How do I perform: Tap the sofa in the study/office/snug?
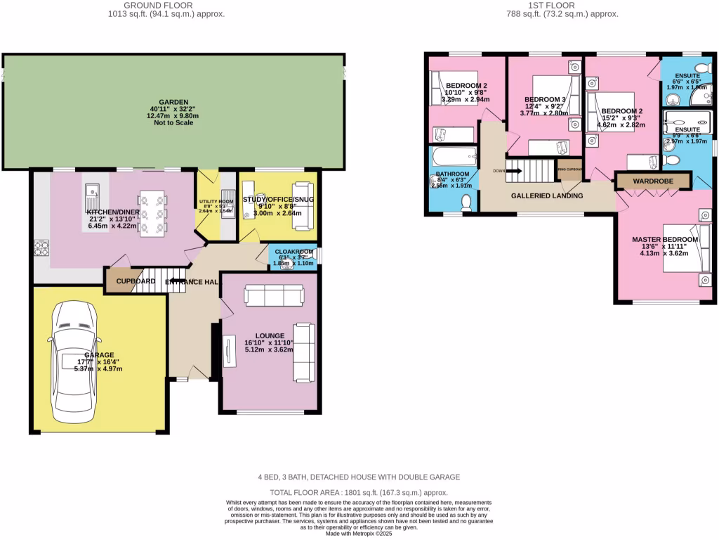click(x=303, y=205)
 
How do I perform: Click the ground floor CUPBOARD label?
click(x=136, y=281)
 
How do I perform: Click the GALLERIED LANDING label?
click(x=546, y=195)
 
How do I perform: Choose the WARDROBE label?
click(x=652, y=181)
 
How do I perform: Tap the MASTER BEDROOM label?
click(x=665, y=240)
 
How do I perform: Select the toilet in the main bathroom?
click(x=466, y=202)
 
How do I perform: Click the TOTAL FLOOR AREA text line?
click(x=359, y=493)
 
